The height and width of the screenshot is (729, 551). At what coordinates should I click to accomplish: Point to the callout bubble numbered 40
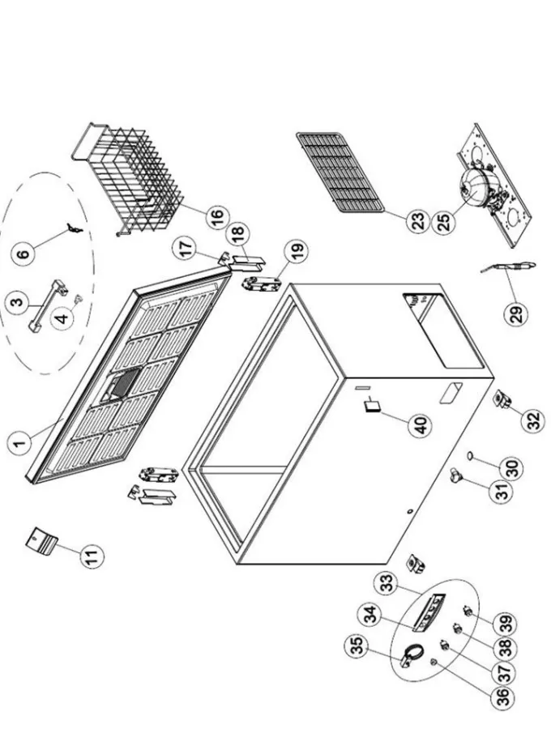click(421, 425)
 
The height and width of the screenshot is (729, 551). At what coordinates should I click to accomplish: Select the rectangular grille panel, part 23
click(341, 172)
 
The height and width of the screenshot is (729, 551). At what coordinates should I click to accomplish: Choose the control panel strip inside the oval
click(429, 613)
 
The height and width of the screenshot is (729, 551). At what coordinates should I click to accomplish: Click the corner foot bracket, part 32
click(502, 400)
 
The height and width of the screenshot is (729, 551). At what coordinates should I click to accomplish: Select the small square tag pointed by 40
click(373, 407)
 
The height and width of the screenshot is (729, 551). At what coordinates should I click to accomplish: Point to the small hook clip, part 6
click(74, 228)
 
